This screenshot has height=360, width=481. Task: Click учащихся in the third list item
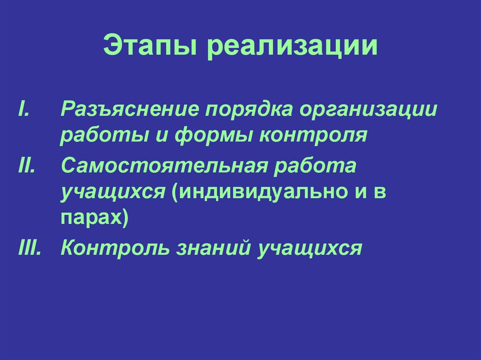[309, 247]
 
